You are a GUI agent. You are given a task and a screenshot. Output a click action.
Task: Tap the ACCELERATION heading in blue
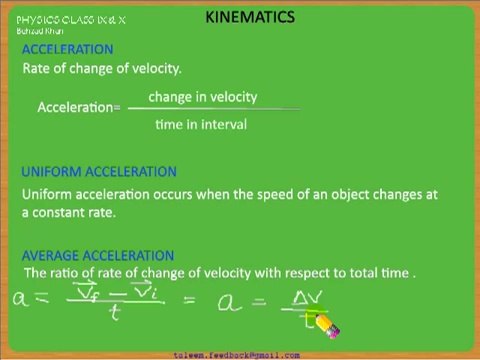coord(67,49)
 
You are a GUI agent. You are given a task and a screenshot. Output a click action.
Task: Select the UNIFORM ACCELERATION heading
coord(99,172)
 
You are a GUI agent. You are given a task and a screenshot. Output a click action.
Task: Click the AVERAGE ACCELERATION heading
coord(97,256)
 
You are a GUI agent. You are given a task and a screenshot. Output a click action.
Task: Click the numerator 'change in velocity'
coord(202,97)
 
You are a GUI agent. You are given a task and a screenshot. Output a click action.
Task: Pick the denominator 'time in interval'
coord(200,125)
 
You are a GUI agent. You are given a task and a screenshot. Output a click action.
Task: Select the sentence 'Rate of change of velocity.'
coord(101,69)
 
